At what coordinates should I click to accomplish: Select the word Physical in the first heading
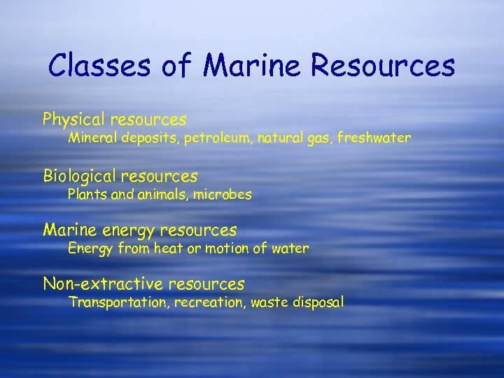pyautogui.click(x=72, y=120)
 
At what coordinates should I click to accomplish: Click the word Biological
pyautogui.click(x=79, y=176)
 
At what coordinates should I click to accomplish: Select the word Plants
pyautogui.click(x=85, y=195)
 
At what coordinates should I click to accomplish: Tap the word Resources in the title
pyautogui.click(x=384, y=66)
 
